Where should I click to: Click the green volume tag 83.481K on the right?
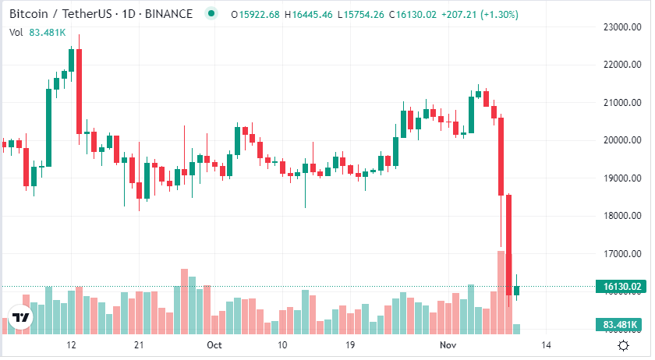coord(621,324)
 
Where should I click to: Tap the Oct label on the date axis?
coord(214,344)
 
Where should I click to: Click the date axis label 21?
coord(139,344)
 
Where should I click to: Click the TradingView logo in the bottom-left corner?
coord(21,319)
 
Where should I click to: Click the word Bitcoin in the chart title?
coord(28,15)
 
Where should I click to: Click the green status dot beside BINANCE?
coord(211,15)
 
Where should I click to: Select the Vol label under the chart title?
coord(16,32)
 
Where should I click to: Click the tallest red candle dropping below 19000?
coord(501,156)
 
